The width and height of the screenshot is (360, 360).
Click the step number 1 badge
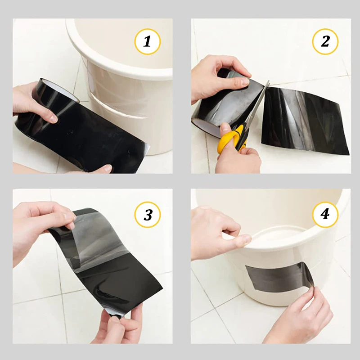click(x=148, y=41)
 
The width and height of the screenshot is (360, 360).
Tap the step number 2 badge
click(x=325, y=41)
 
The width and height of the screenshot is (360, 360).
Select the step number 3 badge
click(x=148, y=215)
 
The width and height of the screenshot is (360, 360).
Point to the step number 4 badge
click(x=325, y=215)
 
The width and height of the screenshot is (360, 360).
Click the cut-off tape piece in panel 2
click(x=306, y=121)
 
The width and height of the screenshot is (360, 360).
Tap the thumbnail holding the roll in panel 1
click(x=54, y=119)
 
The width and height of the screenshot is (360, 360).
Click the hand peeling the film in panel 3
click(x=41, y=227)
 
